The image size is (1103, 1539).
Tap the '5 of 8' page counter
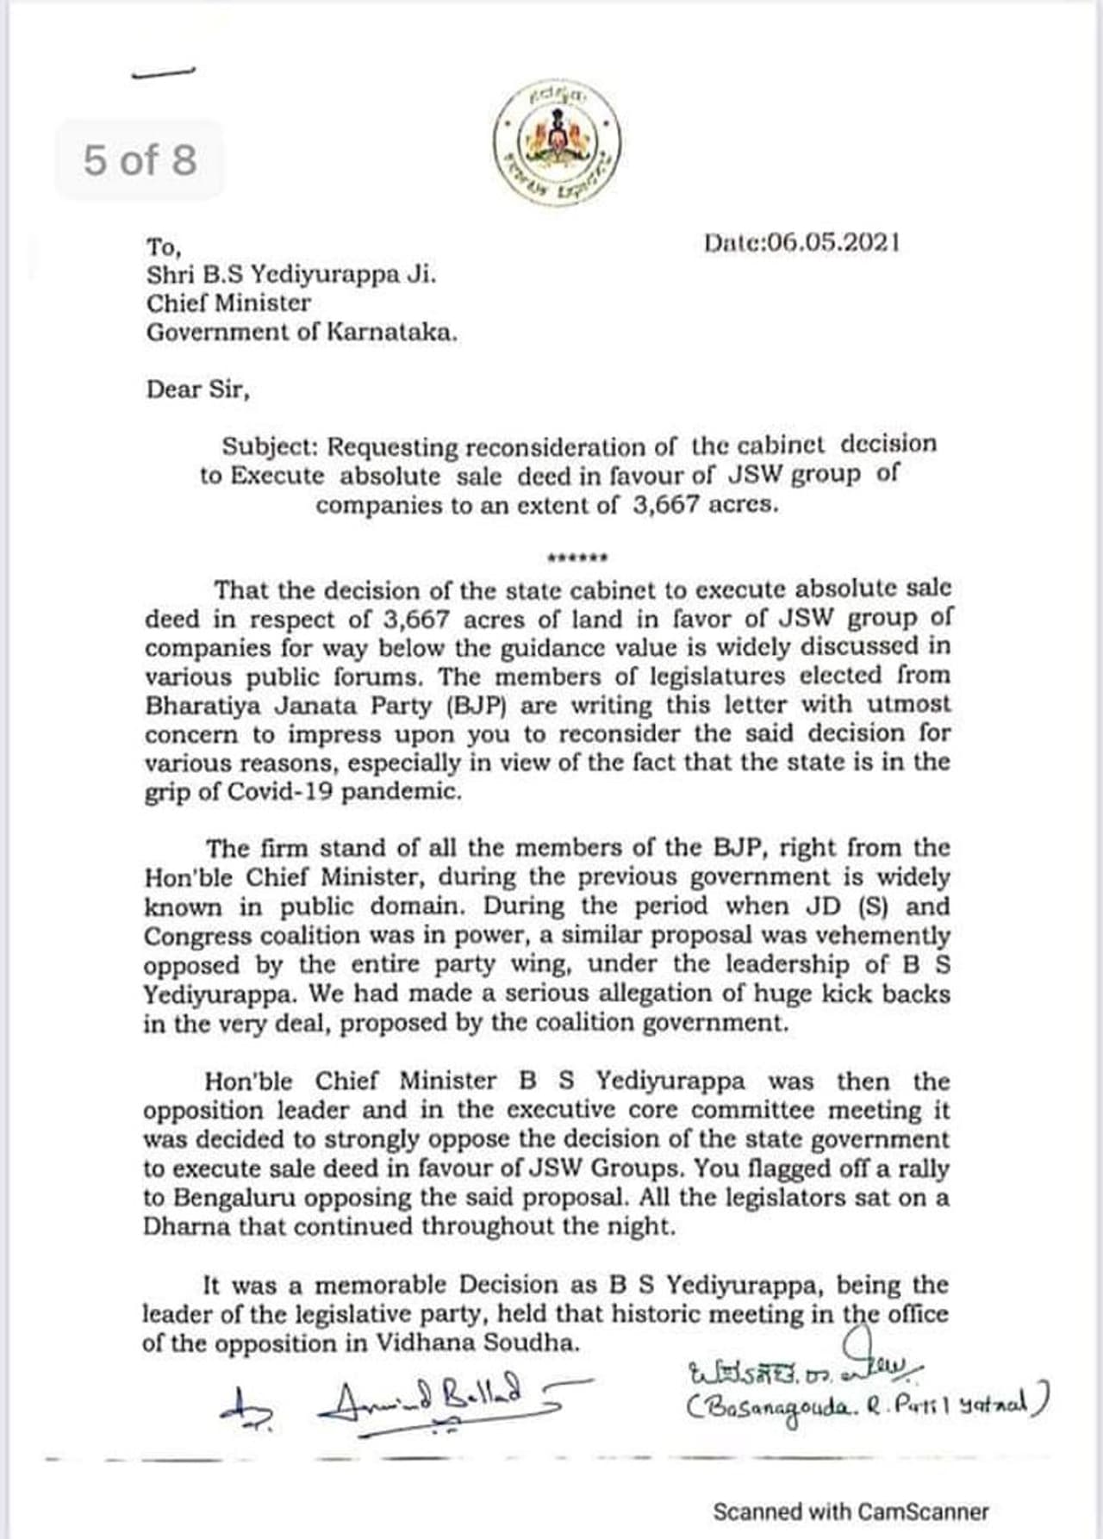coord(140,160)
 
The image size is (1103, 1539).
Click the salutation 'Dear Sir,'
coord(197,389)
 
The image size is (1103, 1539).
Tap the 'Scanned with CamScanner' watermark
coord(851,1511)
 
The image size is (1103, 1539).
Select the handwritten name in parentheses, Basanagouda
coord(865,1406)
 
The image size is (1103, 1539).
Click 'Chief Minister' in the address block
coord(228,303)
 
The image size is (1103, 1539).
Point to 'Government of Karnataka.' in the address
coord(302,333)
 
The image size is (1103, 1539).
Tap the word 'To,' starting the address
coord(164,247)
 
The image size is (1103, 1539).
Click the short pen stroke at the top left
coord(164,74)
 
